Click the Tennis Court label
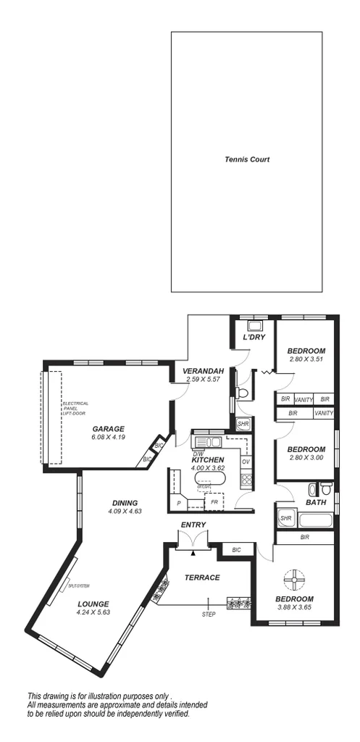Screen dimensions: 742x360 [246, 159]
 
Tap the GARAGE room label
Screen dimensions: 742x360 [108, 428]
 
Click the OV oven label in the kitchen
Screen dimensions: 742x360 [246, 462]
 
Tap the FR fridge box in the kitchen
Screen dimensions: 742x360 [214, 501]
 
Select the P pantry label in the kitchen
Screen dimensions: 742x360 [177, 502]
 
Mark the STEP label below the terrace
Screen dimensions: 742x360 [209, 614]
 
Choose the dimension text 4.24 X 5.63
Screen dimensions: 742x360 [92, 612]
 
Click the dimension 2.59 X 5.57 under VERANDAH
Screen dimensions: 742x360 [202, 379]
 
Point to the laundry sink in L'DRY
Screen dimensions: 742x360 [255, 325]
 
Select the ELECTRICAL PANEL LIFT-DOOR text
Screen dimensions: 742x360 [75, 407]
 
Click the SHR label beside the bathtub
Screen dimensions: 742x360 [285, 518]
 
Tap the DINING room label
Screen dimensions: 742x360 [125, 503]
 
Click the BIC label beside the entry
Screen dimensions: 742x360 [236, 551]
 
